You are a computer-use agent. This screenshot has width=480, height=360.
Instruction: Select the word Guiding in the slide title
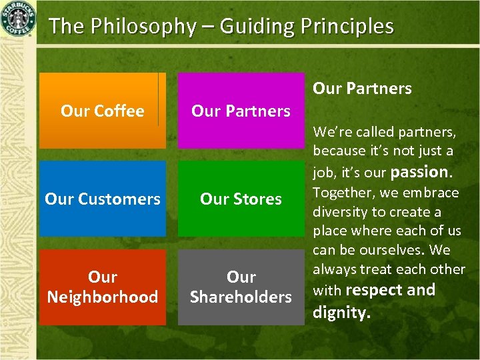256,27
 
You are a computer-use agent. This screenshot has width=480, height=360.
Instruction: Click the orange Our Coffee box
102,111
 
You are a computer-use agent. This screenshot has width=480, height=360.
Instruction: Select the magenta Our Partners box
241,111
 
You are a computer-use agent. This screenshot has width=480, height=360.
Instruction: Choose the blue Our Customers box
102,199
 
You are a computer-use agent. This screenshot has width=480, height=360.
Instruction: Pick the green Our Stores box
241,199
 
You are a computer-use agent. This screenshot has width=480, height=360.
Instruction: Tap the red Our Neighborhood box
102,287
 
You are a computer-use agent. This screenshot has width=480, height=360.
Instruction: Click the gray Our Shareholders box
241,287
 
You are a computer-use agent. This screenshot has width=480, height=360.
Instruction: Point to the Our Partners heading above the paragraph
362,88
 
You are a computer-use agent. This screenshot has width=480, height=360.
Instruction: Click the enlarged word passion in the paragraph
421,172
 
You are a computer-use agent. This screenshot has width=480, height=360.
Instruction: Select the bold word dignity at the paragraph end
341,312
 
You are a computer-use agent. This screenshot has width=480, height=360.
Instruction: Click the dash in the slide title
209,27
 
